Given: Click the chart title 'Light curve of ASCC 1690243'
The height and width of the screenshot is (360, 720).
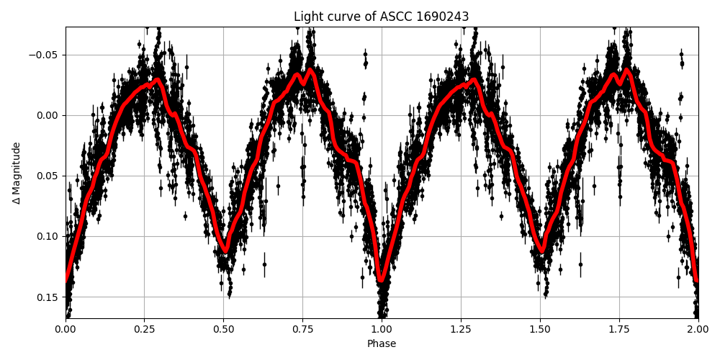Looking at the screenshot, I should (381, 17).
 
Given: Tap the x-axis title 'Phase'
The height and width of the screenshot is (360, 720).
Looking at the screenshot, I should (381, 344).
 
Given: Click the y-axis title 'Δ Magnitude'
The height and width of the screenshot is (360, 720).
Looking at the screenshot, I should (17, 173).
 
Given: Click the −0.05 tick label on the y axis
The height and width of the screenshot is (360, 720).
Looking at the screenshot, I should (42, 55).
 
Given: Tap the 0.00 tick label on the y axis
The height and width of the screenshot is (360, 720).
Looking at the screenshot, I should (48, 115).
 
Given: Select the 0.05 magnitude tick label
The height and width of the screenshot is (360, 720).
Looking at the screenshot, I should (48, 176).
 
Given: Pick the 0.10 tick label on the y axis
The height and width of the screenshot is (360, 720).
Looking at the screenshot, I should (48, 236).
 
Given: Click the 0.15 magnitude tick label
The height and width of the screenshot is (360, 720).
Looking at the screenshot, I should (48, 297).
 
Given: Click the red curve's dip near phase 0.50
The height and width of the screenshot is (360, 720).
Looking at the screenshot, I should (225, 251).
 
